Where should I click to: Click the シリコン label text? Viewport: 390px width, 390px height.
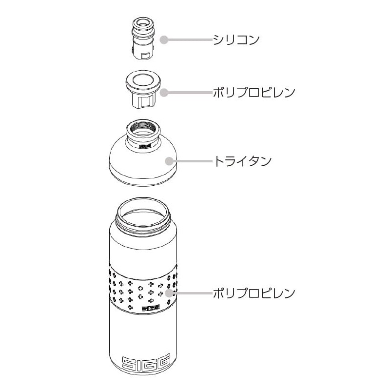236,40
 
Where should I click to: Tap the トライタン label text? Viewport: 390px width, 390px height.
242,161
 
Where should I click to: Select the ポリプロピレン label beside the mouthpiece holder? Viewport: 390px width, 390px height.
254,93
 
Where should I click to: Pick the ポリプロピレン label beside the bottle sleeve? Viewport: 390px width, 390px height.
254,293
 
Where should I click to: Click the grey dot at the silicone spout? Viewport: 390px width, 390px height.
164,40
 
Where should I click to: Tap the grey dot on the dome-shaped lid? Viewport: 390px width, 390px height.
169,161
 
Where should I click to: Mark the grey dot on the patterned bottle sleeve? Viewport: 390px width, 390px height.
169,293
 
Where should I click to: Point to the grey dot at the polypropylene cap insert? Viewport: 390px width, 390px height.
163,93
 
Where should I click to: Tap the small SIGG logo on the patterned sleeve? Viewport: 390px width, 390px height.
151,309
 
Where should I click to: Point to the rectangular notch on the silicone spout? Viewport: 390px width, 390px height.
145,56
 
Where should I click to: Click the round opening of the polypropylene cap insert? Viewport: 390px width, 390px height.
143,80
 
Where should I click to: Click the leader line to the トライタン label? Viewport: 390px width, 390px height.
193,161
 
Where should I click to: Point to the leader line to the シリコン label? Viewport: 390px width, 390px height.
190,40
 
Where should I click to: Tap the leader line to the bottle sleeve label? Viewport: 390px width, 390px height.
193,293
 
